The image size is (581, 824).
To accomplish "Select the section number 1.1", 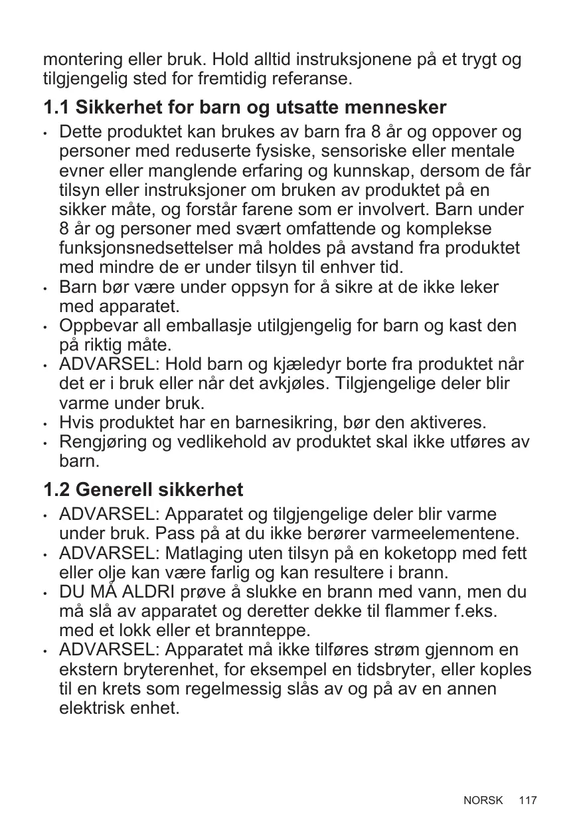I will [x=56, y=106].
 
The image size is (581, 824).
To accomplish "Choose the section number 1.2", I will [x=56, y=490].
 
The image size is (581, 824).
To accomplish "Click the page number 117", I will [x=528, y=800].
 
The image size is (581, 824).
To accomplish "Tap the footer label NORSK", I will [x=483, y=800].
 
